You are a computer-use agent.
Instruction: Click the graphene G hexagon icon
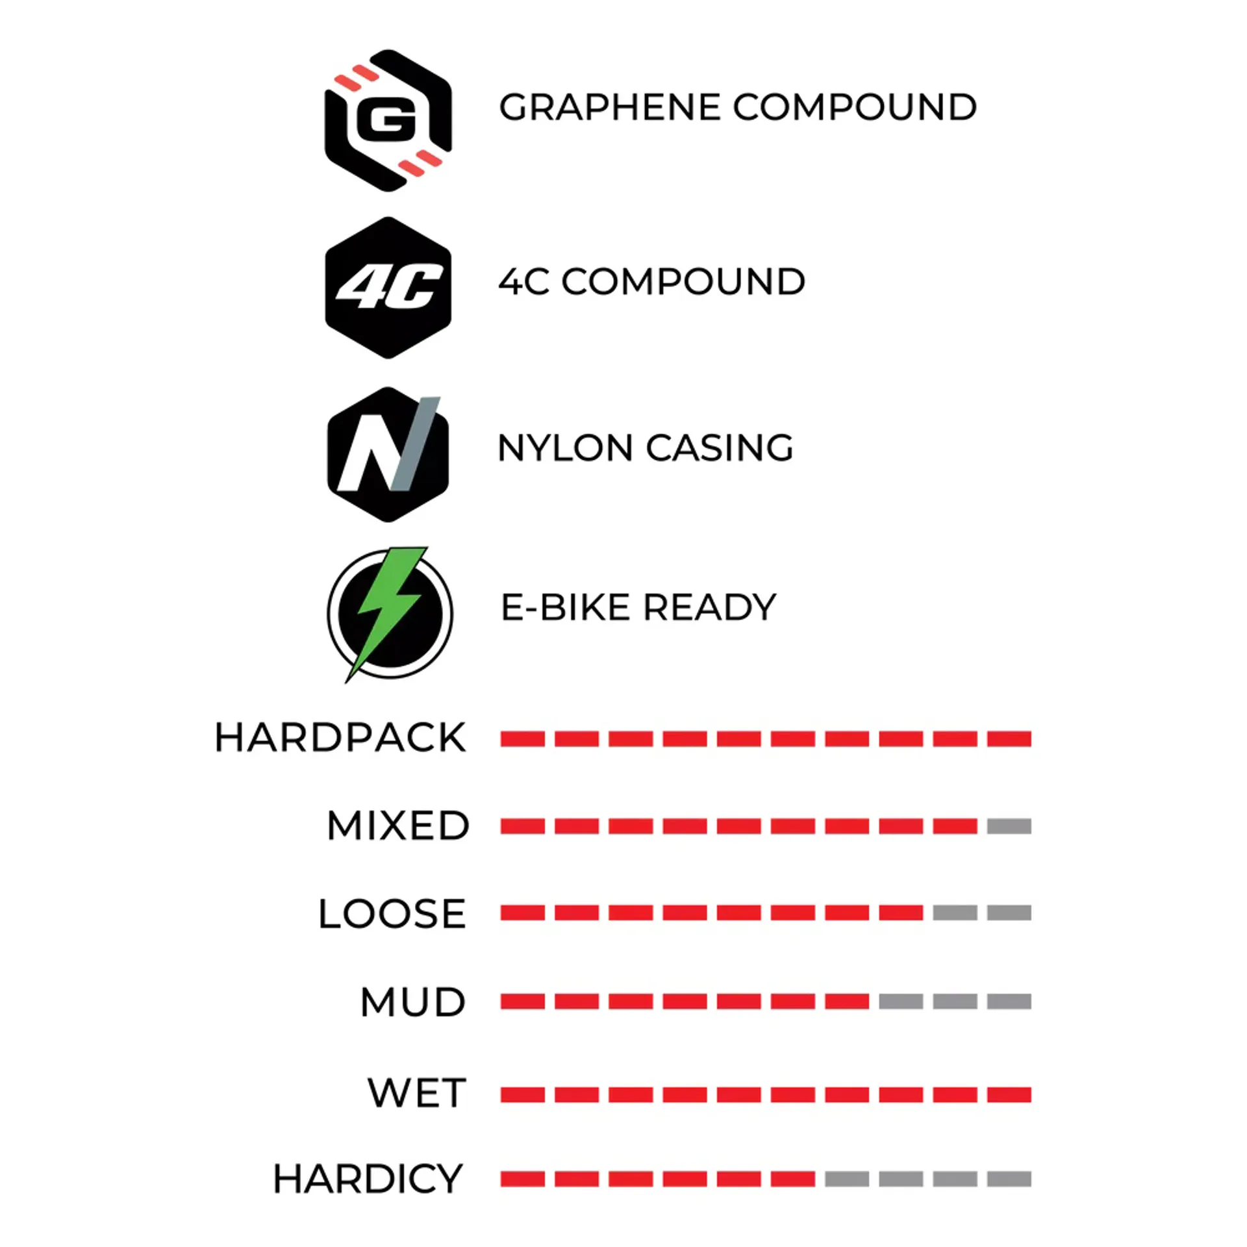pos(388,120)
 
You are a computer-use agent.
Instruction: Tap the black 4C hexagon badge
pos(388,287)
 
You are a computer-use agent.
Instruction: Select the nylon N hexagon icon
pos(388,454)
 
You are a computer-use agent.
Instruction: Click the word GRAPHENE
pos(610,107)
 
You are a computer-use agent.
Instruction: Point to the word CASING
pos(720,448)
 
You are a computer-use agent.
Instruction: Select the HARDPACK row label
pos(340,738)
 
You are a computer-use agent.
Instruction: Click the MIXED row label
pos(397,825)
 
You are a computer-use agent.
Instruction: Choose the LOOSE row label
pos(392,913)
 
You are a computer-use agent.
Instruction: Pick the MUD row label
pos(413,1001)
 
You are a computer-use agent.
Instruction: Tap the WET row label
pos(417,1092)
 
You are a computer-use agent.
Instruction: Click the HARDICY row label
pos(368,1179)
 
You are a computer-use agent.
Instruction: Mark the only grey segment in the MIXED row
pos(1009,826)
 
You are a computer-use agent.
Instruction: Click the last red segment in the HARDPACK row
pos(1009,739)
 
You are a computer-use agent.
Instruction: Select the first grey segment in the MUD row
pos(901,1001)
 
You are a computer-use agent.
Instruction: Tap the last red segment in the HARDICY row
pos(792,1179)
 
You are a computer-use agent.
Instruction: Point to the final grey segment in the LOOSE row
pos(1009,913)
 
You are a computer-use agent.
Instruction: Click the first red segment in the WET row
pos(522,1095)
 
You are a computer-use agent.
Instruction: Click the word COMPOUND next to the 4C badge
pos(683,282)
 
